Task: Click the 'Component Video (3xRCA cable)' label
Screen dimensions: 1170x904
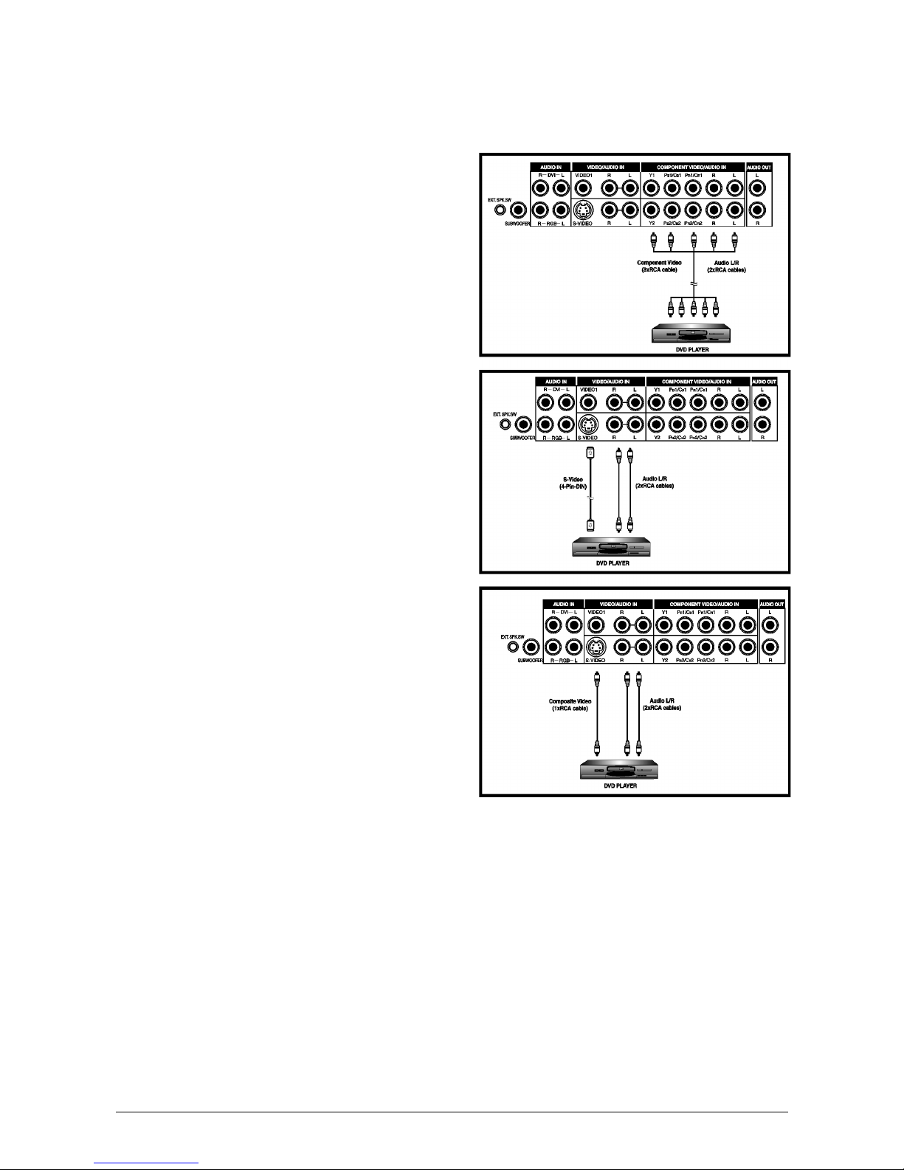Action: (x=659, y=266)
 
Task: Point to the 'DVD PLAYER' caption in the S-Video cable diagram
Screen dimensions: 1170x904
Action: (x=613, y=563)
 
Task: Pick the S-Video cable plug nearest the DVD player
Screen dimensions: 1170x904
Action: (x=589, y=525)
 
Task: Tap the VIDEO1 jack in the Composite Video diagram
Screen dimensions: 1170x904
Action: (x=596, y=626)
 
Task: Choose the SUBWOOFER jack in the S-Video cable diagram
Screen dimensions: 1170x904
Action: (x=524, y=424)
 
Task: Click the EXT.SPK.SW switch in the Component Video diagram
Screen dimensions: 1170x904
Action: (x=499, y=210)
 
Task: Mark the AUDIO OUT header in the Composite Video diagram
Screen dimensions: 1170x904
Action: (x=772, y=604)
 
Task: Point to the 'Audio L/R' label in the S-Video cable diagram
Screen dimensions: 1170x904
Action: (x=654, y=482)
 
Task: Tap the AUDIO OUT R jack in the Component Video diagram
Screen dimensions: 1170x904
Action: (x=760, y=210)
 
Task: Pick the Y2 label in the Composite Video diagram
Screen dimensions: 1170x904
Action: (x=664, y=660)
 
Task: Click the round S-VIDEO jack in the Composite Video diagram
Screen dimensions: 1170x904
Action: (x=596, y=647)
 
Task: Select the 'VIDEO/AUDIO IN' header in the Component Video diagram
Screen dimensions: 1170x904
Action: (x=600, y=168)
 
